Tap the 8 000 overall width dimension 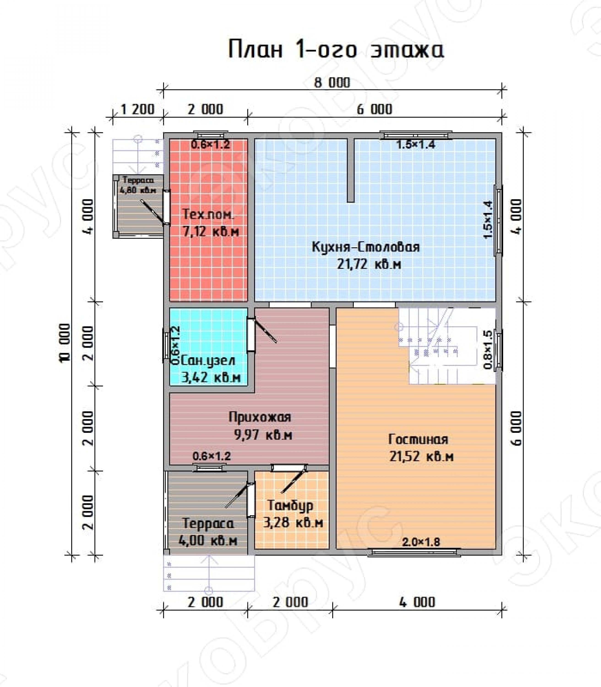click(332, 82)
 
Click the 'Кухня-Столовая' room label click(366, 247)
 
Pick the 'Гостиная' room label click(418, 439)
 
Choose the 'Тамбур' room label click(291, 506)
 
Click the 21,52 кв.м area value click(422, 457)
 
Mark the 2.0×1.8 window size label click(421, 542)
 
